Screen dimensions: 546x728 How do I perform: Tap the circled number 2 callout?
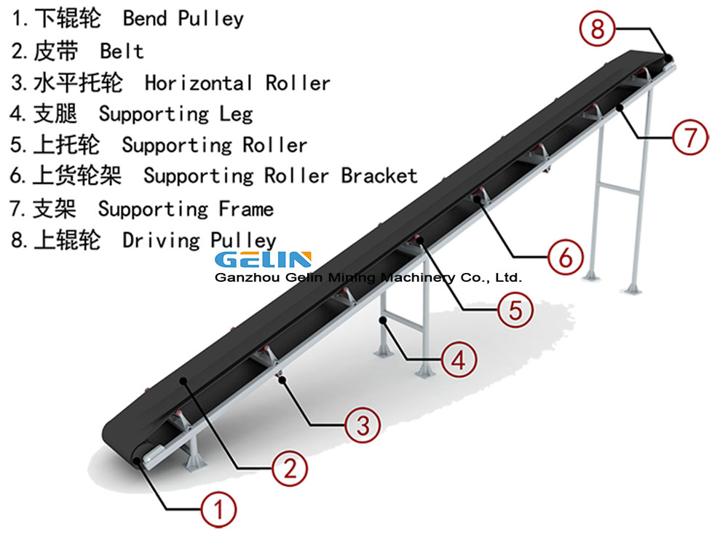(290, 468)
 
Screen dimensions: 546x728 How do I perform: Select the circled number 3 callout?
(362, 424)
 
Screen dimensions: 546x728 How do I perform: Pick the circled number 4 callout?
(459, 359)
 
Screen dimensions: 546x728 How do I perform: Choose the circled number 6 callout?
(566, 256)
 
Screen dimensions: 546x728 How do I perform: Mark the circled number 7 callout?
(689, 136)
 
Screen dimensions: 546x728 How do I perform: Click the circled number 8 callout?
(598, 30)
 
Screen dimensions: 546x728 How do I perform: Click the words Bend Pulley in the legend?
(183, 18)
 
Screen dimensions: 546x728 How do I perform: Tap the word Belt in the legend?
(122, 51)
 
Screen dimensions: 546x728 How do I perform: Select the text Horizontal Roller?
(237, 83)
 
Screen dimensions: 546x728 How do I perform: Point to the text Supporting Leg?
(175, 114)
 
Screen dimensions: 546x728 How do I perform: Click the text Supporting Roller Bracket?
(280, 175)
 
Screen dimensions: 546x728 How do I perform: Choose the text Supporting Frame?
(186, 210)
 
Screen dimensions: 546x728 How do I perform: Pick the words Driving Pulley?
(199, 240)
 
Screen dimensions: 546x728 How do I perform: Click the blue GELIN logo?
(263, 259)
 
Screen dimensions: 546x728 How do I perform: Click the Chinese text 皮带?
(55, 51)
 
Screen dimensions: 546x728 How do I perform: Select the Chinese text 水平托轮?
(77, 83)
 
